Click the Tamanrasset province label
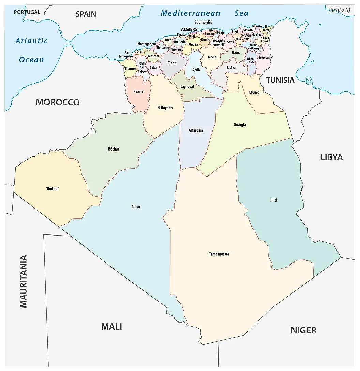click(x=219, y=254)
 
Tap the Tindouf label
click(x=52, y=189)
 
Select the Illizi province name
click(x=273, y=200)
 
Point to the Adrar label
click(x=136, y=206)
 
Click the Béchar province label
click(x=114, y=149)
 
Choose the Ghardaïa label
click(x=196, y=130)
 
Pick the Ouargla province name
click(x=240, y=125)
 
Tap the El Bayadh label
click(x=165, y=108)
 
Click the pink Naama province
click(x=138, y=92)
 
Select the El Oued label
click(x=254, y=92)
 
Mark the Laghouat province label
click(x=187, y=87)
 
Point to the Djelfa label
click(x=196, y=69)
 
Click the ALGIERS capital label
click(x=189, y=29)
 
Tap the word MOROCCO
click(x=58, y=102)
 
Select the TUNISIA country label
click(x=280, y=80)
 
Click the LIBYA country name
click(x=331, y=157)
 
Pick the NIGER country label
click(x=303, y=330)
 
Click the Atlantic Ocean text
click(x=31, y=50)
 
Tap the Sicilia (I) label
click(x=339, y=10)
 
